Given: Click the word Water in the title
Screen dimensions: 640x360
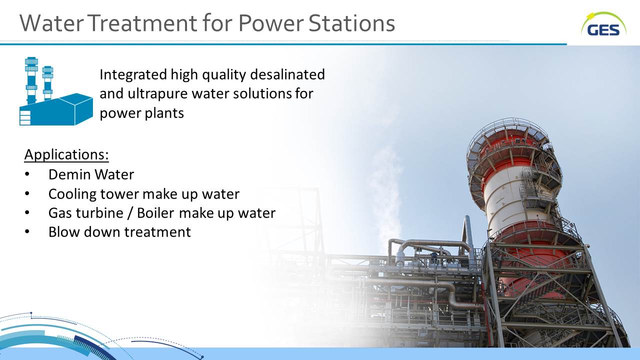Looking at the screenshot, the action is point(52,23).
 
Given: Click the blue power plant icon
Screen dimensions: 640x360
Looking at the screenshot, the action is point(56,91).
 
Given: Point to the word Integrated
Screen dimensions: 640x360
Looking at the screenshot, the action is point(133,75).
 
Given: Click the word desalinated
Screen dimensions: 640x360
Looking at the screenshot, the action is point(287,74).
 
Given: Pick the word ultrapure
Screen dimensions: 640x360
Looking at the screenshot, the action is point(157,94).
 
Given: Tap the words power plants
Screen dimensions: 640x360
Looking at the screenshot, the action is point(141,113).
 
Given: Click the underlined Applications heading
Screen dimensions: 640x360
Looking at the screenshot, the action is point(66,154).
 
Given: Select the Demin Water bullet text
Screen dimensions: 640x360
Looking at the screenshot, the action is point(91,174).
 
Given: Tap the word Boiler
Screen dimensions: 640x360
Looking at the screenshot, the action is point(155,213).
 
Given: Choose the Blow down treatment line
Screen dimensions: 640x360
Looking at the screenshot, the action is point(119,231).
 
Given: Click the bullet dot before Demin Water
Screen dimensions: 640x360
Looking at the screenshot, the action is point(27,174).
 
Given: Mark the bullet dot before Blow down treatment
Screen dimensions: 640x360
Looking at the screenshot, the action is point(27,231).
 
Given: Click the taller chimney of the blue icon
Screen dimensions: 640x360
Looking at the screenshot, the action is point(31,80).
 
